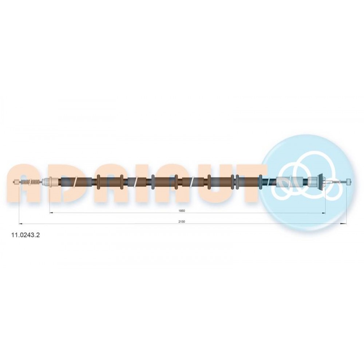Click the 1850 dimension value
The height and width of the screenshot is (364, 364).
tap(182, 211)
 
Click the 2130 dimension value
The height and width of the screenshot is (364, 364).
tap(182, 222)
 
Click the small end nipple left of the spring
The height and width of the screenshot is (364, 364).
tap(17, 182)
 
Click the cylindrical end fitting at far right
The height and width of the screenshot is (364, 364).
tap(349, 181)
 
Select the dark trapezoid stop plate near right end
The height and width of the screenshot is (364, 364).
tap(321, 181)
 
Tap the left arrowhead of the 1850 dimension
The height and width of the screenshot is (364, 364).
tap(52, 213)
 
